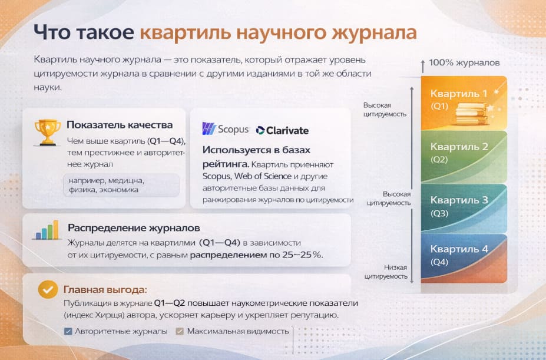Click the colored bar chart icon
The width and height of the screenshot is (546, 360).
pos(47,230)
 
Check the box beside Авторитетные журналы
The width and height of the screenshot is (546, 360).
pos(67,331)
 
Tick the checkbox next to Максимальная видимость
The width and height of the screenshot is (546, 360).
pos(178,331)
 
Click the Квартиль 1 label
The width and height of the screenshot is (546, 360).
pos(459,93)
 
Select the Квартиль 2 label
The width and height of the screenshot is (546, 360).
pos(459,147)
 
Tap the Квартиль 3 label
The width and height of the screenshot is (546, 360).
pos(459,200)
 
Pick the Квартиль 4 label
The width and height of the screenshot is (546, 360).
pos(459,249)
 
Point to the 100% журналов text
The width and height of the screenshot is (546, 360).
pos(464,62)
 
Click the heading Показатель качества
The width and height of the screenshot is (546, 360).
pos(120,125)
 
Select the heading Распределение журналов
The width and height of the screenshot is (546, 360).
pos(134,227)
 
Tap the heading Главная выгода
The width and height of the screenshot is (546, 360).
pos(105,289)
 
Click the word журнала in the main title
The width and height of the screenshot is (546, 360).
pos(375,32)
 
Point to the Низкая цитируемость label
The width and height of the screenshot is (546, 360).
pos(386,272)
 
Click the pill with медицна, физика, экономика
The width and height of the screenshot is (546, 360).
pos(121,185)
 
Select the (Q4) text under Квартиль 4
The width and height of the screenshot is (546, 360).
pos(439,262)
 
